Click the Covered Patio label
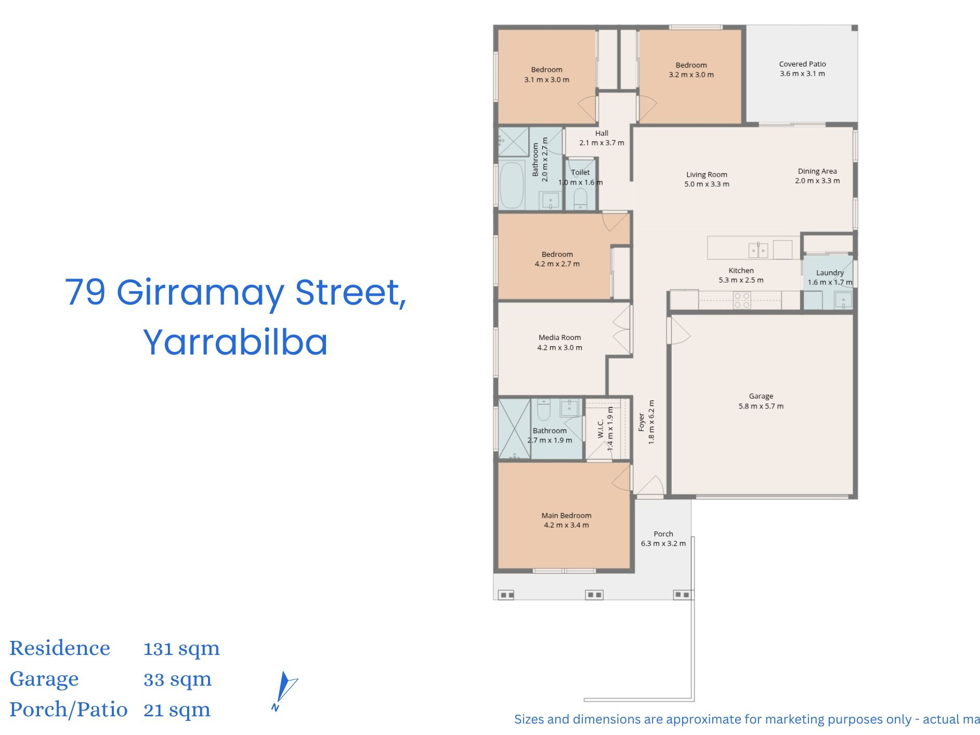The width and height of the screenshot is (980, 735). (x=802, y=64)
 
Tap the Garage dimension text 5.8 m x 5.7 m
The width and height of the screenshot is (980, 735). (x=761, y=406)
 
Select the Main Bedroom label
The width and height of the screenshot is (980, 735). (x=566, y=515)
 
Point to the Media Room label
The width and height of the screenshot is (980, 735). (x=559, y=337)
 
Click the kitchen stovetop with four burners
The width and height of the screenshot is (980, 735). (x=742, y=300)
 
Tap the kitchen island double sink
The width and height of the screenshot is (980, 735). (x=759, y=250)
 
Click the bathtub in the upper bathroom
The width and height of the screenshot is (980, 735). (x=512, y=185)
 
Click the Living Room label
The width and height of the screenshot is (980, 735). (x=707, y=175)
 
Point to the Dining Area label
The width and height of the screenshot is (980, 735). (x=817, y=171)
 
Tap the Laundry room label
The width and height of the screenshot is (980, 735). (x=830, y=272)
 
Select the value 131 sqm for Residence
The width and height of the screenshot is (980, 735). (x=181, y=648)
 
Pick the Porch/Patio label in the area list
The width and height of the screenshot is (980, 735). (x=68, y=709)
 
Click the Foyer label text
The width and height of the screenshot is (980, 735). (x=641, y=422)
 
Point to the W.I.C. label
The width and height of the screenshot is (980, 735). (x=600, y=428)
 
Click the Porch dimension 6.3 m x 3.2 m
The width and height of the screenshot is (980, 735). (x=663, y=544)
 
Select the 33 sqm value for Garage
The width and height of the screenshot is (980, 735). (x=177, y=679)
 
